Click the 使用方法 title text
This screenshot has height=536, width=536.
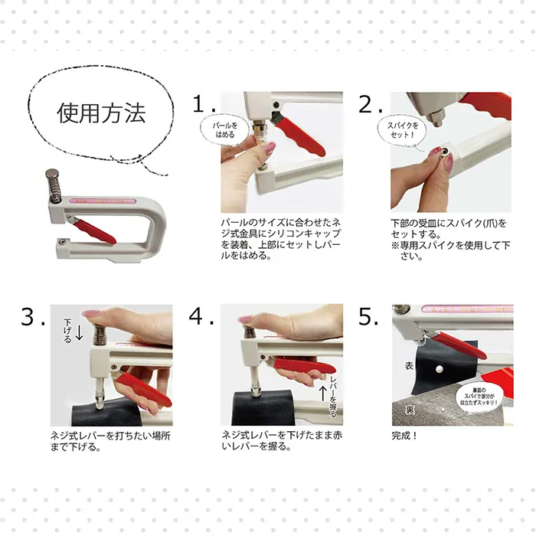[x=102, y=113]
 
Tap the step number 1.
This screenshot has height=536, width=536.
[x=204, y=103]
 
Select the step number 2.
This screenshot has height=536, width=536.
[x=370, y=104]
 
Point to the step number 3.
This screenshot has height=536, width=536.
[x=32, y=316]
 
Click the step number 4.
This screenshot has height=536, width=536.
[x=201, y=315]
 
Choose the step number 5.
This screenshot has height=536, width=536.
[x=368, y=316]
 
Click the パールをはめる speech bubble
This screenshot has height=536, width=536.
[x=225, y=130]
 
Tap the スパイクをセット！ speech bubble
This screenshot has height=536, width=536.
[x=402, y=131]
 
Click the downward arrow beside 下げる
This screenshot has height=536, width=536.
[x=79, y=332]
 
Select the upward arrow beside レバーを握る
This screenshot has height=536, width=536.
[x=322, y=393]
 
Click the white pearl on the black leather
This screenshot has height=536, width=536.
[x=440, y=369]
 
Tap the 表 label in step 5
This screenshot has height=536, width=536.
[x=409, y=366]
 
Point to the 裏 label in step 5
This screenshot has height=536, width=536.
[x=410, y=410]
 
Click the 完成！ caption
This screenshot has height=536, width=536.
[x=404, y=436]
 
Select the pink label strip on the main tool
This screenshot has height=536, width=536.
[x=103, y=201]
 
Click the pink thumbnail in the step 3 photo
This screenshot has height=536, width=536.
[x=90, y=313]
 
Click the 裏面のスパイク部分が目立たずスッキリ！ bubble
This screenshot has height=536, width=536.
[x=479, y=397]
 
